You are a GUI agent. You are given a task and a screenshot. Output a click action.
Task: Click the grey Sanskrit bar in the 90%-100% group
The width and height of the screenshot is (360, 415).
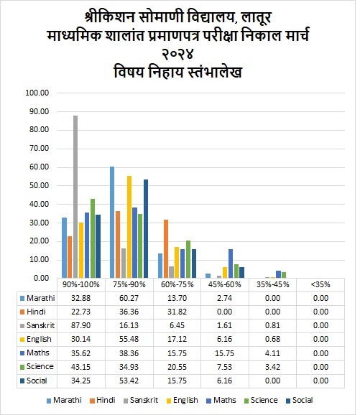coord(75,197)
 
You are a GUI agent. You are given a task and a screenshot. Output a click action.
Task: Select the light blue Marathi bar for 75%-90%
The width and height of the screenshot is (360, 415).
coord(112,222)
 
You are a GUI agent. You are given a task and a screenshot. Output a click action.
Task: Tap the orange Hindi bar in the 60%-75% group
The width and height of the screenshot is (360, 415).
coord(166,249)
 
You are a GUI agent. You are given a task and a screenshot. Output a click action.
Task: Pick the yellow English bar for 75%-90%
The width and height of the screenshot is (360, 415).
coord(129,227)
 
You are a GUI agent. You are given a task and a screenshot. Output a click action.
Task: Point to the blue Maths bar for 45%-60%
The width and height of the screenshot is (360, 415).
coord(231,264)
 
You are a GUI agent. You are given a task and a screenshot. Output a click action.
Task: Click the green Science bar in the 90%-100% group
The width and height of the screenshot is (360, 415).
coord(93,238)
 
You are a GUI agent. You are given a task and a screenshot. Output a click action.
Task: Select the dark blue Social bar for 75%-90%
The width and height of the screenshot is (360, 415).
coord(146,228)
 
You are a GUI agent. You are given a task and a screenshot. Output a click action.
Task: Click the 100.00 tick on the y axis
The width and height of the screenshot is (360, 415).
coord(37,93)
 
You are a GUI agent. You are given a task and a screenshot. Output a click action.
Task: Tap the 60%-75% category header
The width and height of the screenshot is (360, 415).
coord(177,284)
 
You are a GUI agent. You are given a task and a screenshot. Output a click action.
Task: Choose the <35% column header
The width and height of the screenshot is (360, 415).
coord(320,284)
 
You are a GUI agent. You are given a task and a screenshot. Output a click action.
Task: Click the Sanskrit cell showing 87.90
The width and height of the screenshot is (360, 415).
coord(80,325)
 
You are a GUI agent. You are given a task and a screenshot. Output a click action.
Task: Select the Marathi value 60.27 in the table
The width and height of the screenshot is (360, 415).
coord(129,298)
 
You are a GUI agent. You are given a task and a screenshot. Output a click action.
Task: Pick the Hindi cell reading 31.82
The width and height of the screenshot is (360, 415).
coord(177,312)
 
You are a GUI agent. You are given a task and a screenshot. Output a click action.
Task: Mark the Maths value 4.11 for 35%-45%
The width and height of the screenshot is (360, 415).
coord(272,353)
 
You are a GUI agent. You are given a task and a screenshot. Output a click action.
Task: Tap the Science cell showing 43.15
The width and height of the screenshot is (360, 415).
coord(80,367)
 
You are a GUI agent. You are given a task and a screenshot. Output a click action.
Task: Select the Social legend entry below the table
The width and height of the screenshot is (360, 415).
coord(300,400)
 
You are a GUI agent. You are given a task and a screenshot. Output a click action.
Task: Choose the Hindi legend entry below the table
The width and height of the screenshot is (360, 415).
coord(103,400)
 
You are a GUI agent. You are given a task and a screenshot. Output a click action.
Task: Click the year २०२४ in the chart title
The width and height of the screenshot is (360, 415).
coord(177,54)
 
